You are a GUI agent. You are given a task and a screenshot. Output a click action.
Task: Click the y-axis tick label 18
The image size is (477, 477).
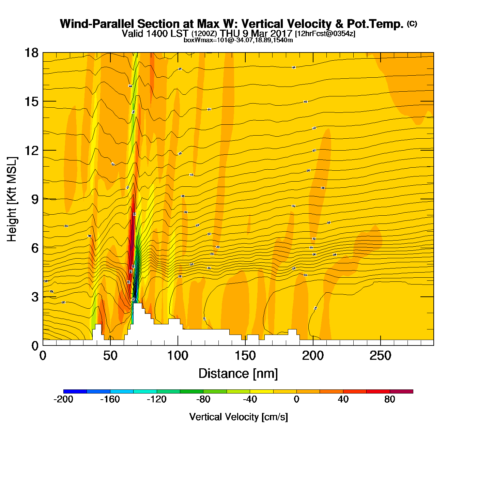point(31,53)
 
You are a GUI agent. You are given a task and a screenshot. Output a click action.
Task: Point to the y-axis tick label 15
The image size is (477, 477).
point(31,102)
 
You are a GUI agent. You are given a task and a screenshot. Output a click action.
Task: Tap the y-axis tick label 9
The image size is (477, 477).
point(35,199)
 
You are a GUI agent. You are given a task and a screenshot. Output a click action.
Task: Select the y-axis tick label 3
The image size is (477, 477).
point(35,297)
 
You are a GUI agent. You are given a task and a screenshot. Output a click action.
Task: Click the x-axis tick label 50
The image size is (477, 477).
point(110,356)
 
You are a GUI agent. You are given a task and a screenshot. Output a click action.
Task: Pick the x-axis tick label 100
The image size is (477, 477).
point(178,356)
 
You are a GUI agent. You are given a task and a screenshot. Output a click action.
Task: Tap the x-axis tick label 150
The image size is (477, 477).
point(245,356)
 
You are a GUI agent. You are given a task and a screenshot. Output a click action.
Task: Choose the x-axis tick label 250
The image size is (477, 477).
point(380,356)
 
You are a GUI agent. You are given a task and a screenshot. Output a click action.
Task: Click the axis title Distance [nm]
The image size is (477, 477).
point(238,374)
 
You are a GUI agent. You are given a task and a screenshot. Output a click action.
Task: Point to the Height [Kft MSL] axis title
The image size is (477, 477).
point(12,199)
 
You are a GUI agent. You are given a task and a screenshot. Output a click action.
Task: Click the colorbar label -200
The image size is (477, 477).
point(63,399)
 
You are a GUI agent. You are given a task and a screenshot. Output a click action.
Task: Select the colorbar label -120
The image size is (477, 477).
point(156,399)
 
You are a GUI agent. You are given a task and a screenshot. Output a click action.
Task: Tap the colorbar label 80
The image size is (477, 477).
point(390,399)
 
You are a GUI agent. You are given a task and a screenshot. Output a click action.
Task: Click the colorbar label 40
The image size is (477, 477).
point(343,399)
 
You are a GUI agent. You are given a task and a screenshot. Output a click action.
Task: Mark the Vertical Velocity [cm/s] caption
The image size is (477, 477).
point(238,417)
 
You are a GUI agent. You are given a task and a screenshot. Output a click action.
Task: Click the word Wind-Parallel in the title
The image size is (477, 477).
point(98,24)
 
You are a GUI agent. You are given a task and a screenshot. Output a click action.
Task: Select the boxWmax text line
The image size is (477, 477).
point(238,40)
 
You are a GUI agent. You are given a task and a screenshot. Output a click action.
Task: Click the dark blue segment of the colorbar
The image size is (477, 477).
point(75,391)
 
